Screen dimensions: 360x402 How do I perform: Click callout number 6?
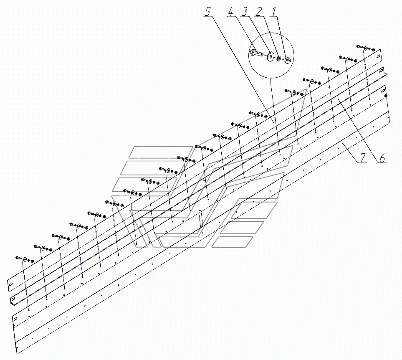tap(383, 158)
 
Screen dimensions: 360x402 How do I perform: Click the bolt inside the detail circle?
tap(256, 53)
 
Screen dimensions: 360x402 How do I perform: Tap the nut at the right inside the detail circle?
tap(288, 61)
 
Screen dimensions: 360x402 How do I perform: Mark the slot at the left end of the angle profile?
tap(13, 299)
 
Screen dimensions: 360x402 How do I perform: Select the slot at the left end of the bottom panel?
tap(15, 319)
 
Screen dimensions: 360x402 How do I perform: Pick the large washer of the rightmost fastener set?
tap(366, 48)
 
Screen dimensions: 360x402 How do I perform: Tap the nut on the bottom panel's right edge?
tap(386, 96)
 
